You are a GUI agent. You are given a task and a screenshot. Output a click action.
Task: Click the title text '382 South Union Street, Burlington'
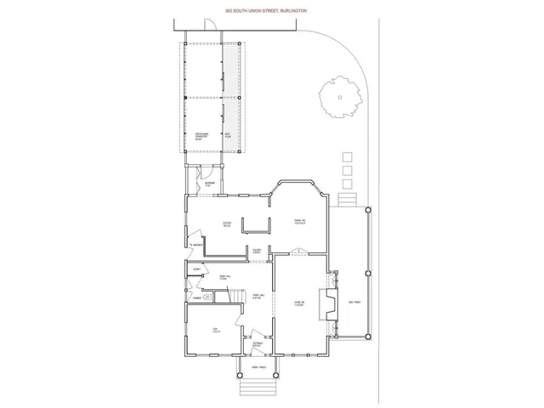(272, 10)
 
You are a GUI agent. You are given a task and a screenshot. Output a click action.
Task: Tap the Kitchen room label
(228, 225)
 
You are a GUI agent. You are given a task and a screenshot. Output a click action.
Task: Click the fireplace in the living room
(326, 303)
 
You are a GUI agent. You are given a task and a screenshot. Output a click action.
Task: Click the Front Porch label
(258, 366)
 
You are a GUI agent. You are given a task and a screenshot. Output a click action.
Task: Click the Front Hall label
(256, 295)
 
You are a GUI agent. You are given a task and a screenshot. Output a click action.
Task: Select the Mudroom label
(208, 184)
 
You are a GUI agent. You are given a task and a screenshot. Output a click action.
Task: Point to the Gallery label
(256, 250)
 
